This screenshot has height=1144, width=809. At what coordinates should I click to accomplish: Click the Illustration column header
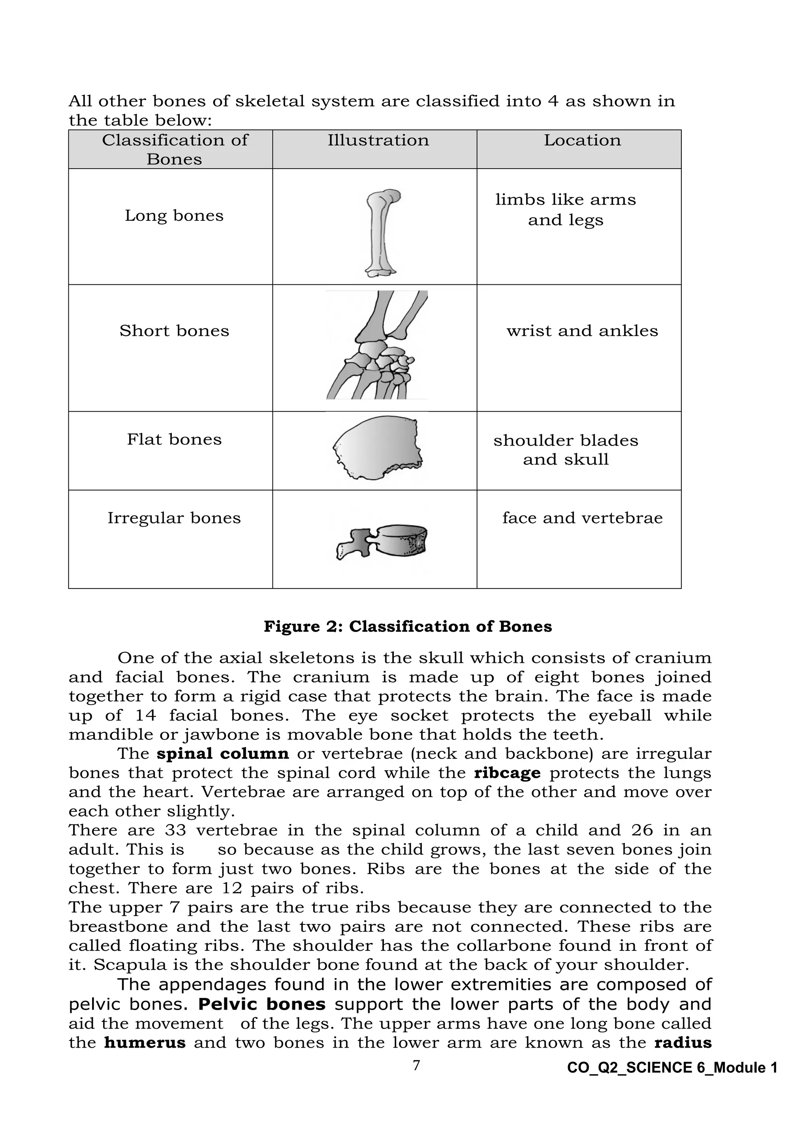coord(378,141)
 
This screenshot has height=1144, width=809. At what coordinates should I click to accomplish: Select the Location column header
coord(582,141)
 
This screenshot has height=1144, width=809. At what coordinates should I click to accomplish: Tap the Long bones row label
coord(174,216)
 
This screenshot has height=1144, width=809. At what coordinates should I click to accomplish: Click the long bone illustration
coord(382,233)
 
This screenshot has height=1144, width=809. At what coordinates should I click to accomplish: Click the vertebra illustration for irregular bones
coord(382,542)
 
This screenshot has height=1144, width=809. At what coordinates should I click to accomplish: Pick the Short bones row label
coord(174,331)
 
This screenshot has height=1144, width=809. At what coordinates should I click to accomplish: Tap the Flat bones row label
coord(174,439)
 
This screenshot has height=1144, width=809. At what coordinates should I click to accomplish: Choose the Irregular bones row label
coord(174,518)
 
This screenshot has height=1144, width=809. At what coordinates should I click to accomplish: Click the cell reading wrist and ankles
coord(582,331)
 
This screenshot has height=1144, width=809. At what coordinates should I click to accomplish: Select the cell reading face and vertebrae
coord(582,518)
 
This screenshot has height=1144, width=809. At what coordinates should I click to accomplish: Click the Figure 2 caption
coord(408,626)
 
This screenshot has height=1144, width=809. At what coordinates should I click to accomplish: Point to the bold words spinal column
coord(223,753)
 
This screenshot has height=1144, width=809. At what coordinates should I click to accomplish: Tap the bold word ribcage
coord(507,773)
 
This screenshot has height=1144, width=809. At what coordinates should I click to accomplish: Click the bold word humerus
coord(145,1042)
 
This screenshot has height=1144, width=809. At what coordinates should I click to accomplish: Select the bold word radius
coord(683,1042)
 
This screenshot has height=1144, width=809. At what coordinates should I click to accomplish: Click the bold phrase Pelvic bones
coord(262,1004)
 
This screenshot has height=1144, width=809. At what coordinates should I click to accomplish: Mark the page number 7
coord(416,1066)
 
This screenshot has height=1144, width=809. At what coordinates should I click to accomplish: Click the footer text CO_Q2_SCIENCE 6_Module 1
coord(672,1067)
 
